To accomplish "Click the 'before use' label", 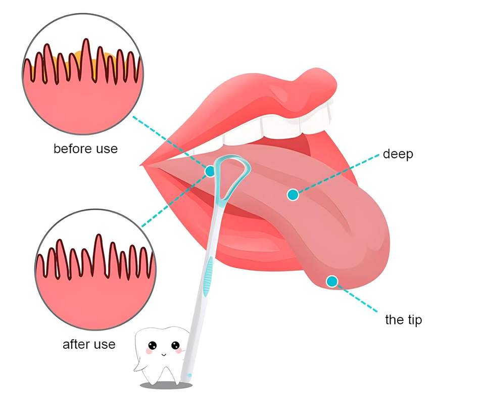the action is [85, 149].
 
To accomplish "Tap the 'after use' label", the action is [89, 345].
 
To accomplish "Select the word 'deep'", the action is [398, 154].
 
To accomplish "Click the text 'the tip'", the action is [403, 319].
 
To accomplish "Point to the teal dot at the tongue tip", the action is [332, 281].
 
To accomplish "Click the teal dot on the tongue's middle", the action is [292, 194].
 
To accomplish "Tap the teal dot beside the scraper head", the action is [210, 171].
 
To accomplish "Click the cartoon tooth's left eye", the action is [152, 347].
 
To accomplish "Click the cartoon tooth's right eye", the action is [175, 346].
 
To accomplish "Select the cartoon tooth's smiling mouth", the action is [164, 354].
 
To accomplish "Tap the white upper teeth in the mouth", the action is [283, 121].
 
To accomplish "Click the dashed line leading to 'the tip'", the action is [359, 299].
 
